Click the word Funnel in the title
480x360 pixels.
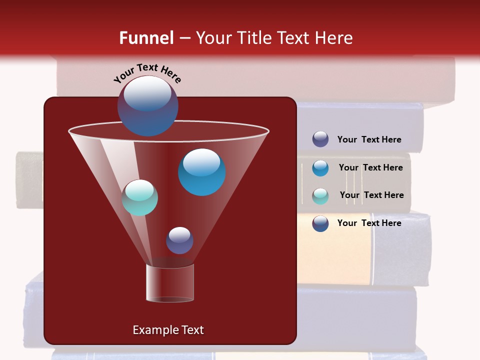point(146,38)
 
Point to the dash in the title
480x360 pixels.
point(184,38)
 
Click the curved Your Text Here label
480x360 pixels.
point(147,73)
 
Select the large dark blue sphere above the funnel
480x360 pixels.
point(148,106)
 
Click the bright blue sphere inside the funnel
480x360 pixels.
point(202,172)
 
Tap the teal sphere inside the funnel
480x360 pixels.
point(140,197)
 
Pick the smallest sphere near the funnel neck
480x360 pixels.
point(179,240)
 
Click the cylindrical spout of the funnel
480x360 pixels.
point(170,283)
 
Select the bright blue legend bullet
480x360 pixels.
point(320,168)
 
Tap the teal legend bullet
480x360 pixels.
point(320,196)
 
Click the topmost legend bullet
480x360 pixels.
point(320,139)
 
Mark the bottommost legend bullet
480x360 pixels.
point(320,223)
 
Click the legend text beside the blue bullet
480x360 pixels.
point(370,167)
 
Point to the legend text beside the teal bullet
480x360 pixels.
point(371,195)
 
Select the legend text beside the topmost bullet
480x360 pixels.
point(369,139)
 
